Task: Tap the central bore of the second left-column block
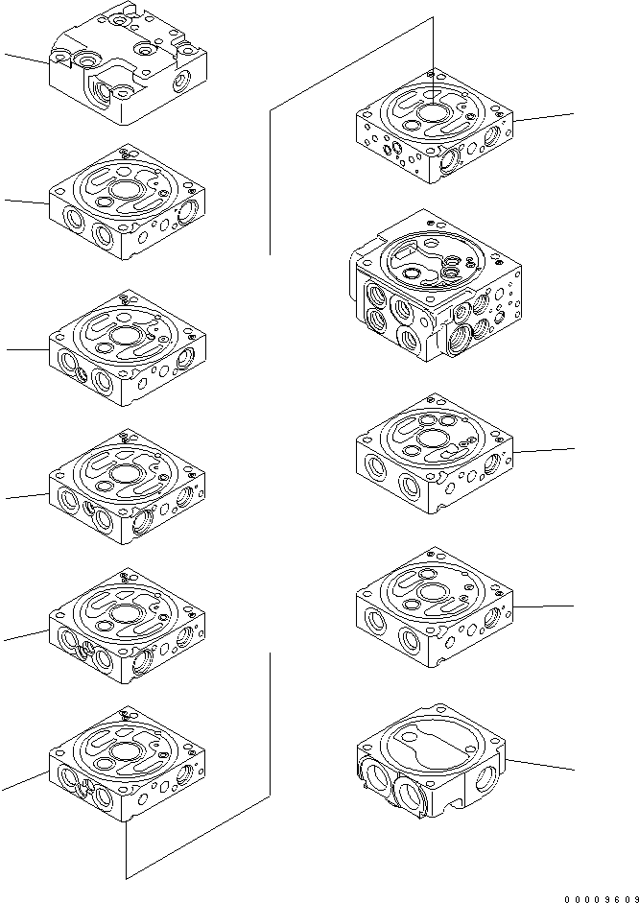(x=126, y=189)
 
